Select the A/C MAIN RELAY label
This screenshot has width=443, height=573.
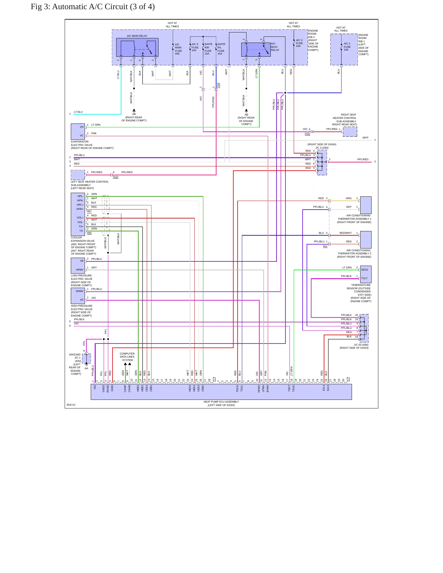(137, 36)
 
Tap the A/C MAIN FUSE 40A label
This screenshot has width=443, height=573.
(178, 49)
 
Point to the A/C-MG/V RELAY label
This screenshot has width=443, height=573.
(275, 47)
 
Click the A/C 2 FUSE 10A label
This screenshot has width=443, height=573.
(347, 47)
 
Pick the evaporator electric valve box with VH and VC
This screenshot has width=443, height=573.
(78, 131)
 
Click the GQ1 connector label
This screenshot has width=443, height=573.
(307, 134)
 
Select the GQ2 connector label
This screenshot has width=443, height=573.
(116, 177)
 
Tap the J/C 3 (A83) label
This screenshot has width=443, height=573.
(322, 148)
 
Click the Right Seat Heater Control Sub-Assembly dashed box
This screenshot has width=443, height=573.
(350, 132)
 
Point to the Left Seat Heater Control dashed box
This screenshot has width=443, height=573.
(78, 175)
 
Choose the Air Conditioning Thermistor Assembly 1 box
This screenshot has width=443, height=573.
(366, 205)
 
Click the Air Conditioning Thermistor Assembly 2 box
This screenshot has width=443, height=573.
(366, 240)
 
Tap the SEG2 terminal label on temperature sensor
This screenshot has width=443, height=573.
(365, 270)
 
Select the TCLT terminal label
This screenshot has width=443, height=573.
(364, 278)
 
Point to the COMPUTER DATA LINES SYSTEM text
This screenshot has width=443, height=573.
(127, 357)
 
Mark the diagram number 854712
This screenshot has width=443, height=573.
(71, 405)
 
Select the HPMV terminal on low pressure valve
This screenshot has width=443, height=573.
(80, 270)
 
